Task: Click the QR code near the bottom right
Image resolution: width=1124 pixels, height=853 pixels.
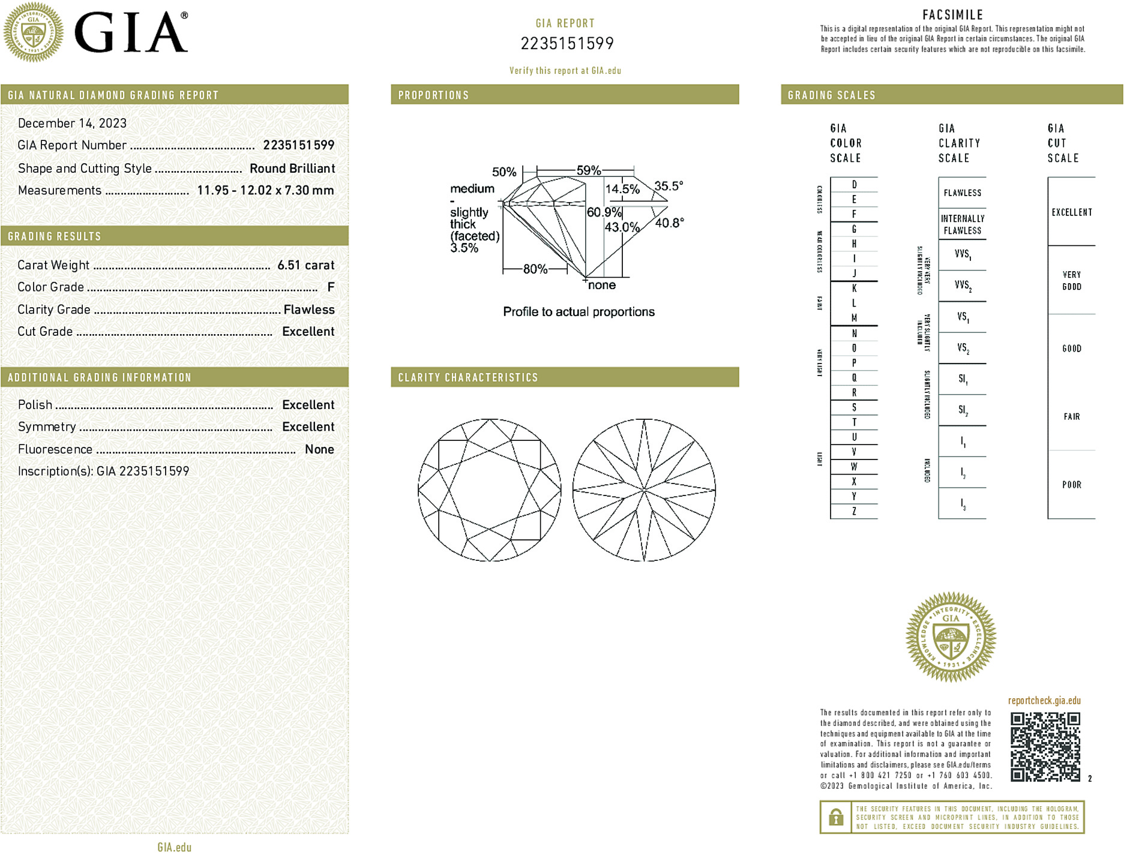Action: pos(1045,746)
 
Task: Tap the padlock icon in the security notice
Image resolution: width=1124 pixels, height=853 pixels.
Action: pos(835,817)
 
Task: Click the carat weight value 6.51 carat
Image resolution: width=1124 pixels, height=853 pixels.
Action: pos(305,265)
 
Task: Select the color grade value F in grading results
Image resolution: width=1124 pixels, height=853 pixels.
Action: pos(331,287)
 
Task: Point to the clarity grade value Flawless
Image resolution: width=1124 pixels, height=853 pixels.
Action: pos(308,310)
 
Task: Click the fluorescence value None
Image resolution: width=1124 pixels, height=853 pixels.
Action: pos(319,449)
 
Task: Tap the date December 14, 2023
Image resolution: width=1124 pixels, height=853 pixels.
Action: pos(72,123)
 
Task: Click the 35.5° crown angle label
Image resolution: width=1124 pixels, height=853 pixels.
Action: pos(669,186)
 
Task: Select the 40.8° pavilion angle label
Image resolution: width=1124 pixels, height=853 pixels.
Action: pos(669,223)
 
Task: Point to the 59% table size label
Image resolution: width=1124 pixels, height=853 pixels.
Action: pos(588,170)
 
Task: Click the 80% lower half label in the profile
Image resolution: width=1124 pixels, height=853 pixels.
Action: pos(535,269)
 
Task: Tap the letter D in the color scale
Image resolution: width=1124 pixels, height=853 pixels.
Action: pos(854,185)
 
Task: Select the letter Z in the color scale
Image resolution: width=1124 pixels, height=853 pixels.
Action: pos(854,511)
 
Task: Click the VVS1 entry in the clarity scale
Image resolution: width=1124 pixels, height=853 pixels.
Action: pos(963,254)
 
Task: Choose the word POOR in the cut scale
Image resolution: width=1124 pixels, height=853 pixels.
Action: pos(1071,485)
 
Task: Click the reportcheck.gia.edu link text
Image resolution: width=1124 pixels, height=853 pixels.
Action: pos(1044,701)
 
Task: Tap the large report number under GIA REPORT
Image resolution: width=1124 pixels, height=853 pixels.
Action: pos(567,44)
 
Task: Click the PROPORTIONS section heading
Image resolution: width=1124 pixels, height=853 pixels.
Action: pos(433,95)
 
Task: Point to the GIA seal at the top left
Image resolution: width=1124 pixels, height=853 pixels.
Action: pos(34,32)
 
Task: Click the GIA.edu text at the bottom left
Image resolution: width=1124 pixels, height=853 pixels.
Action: pos(174,847)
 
